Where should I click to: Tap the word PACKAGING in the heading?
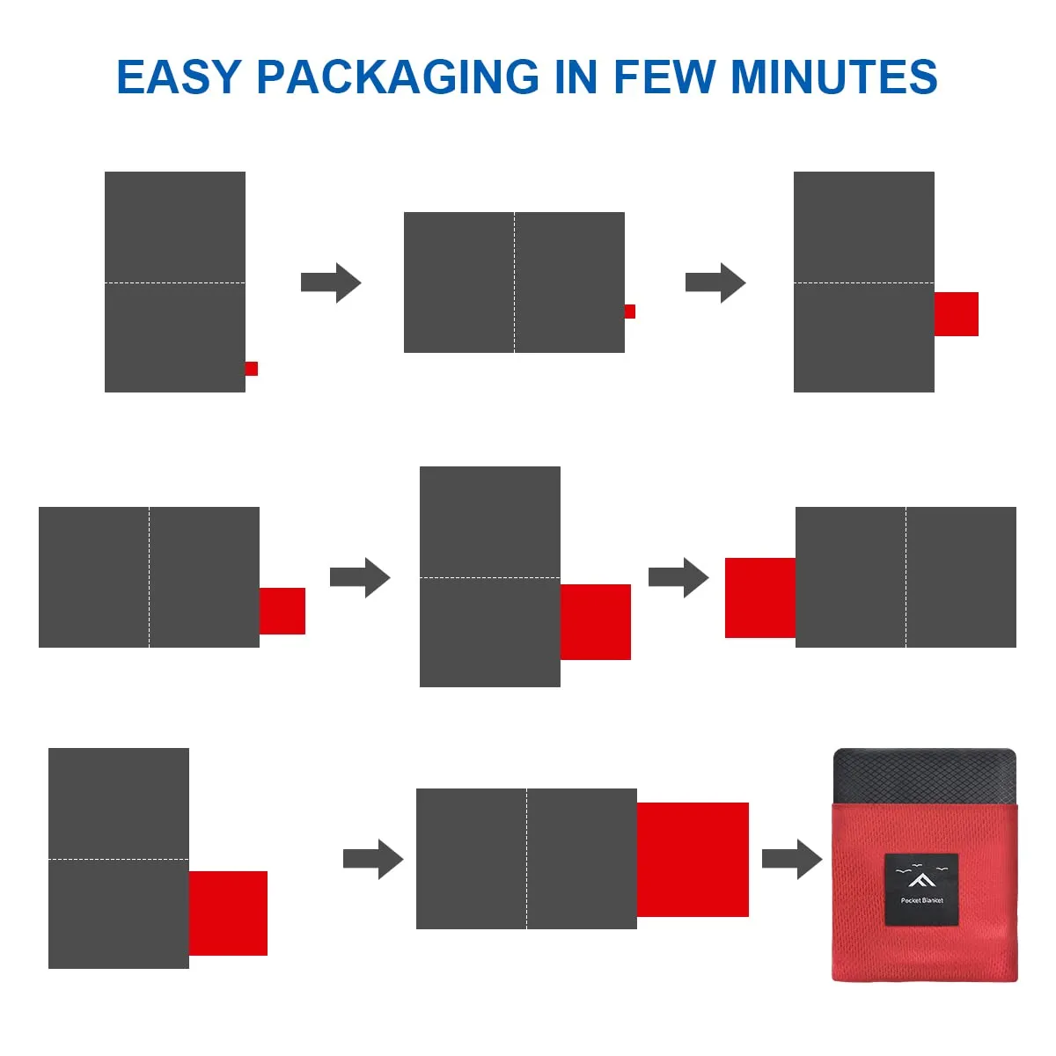[x=398, y=77]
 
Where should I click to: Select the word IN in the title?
[x=576, y=77]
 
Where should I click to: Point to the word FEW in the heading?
[x=664, y=77]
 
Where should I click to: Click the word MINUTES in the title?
[x=834, y=77]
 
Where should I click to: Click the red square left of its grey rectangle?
[x=760, y=598]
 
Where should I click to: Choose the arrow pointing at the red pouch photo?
[x=792, y=859]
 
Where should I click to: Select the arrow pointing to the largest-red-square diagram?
[x=373, y=859]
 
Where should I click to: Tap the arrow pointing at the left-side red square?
[x=678, y=577]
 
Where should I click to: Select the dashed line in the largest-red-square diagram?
[x=526, y=859]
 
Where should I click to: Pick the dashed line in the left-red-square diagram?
[x=906, y=577]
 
